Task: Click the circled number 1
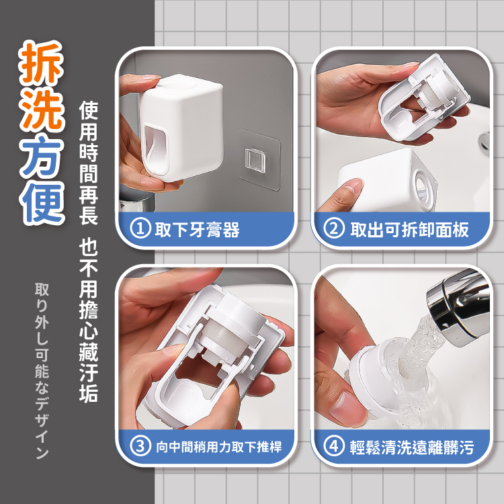(x=140, y=228)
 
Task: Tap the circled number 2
(x=334, y=228)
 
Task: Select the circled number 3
(x=140, y=446)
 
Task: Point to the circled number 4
(x=334, y=446)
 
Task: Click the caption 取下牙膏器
(x=197, y=230)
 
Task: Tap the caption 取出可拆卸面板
(x=409, y=230)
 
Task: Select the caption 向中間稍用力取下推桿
(x=219, y=447)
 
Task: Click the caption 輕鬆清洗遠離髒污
(x=412, y=447)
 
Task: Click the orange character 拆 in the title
(x=42, y=62)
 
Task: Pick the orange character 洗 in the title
(x=42, y=109)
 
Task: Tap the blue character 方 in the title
(x=42, y=156)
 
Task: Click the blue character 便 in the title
(x=42, y=202)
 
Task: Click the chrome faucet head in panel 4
(x=459, y=308)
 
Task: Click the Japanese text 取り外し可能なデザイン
(x=42, y=370)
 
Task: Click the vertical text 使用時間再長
(x=89, y=163)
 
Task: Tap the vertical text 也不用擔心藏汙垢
(x=89, y=320)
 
